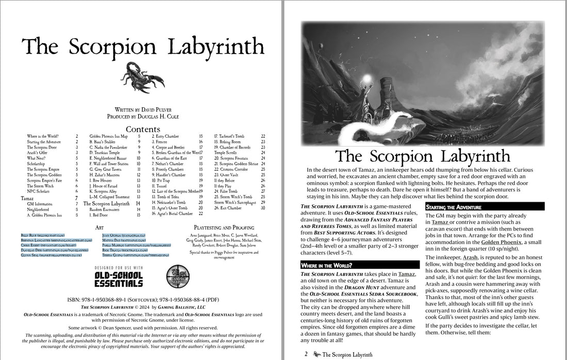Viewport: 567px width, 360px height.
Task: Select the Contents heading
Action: tap(143, 129)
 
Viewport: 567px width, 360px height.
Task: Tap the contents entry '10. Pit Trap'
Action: tap(162, 181)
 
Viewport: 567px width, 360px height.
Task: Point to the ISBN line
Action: tap(142, 299)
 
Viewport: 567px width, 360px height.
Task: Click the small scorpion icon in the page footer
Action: tap(316, 355)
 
